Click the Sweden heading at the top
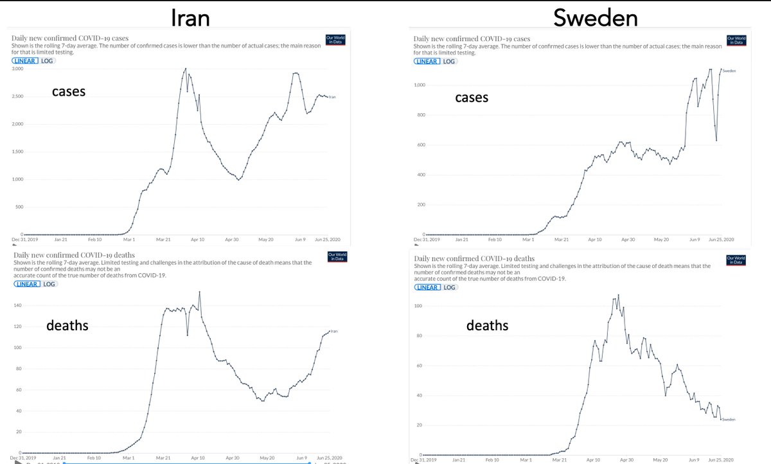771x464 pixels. (596, 17)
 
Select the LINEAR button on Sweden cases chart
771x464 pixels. (426, 61)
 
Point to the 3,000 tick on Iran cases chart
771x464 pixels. (17, 69)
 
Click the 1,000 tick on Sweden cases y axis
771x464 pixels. (420, 85)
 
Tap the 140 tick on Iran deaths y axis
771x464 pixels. (17, 305)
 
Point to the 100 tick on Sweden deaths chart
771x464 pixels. (419, 305)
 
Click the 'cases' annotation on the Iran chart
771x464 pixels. (69, 93)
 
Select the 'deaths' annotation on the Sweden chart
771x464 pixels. (487, 326)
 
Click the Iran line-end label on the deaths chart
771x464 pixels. (334, 331)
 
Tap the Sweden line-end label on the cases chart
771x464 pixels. (729, 71)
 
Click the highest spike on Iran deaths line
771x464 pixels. (200, 292)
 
